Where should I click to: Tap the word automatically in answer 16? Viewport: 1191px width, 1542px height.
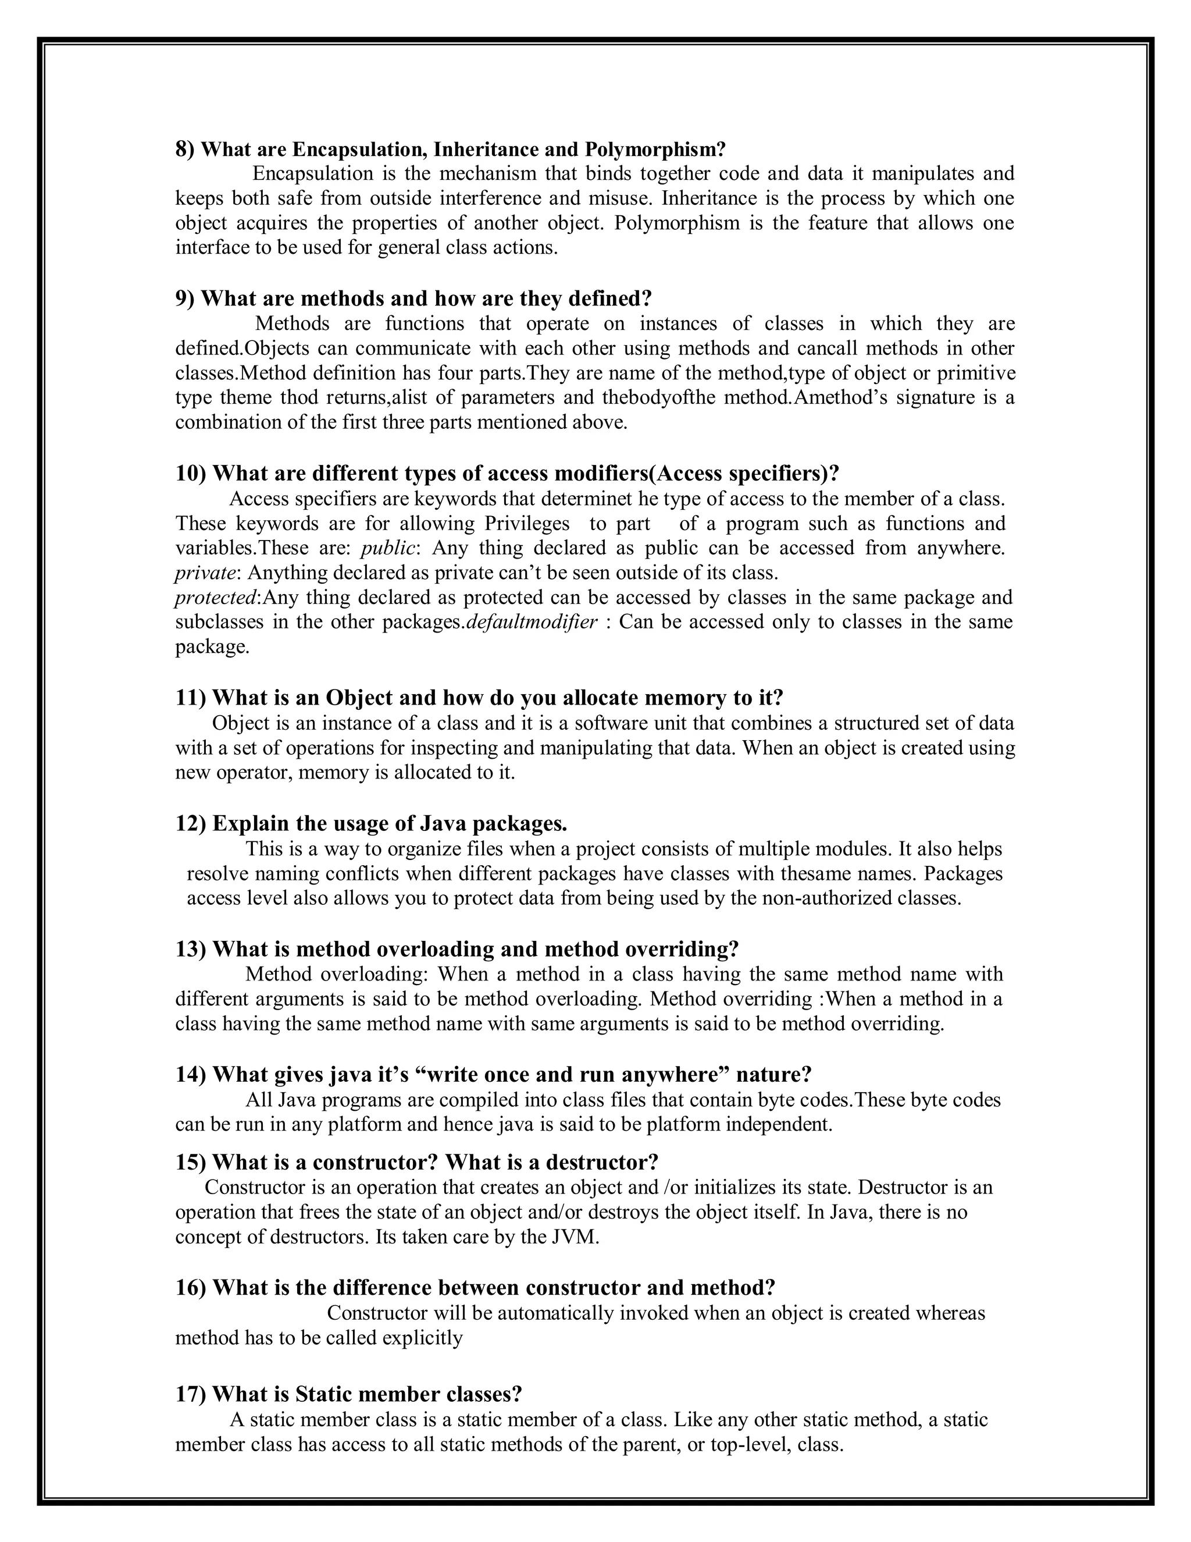point(556,1313)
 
